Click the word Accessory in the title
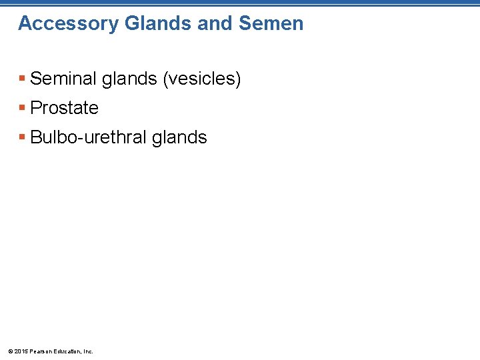[60, 24]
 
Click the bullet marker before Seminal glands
[23, 79]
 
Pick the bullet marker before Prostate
[23, 108]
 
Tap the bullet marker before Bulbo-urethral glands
[23, 137]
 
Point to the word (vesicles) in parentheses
[201, 79]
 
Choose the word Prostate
[64, 108]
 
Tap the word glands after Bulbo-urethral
[179, 138]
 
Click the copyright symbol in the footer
[9, 351]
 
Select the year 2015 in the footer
[20, 351]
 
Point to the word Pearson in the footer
[39, 351]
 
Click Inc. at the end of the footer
[88, 351]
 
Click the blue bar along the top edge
[240, 3]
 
